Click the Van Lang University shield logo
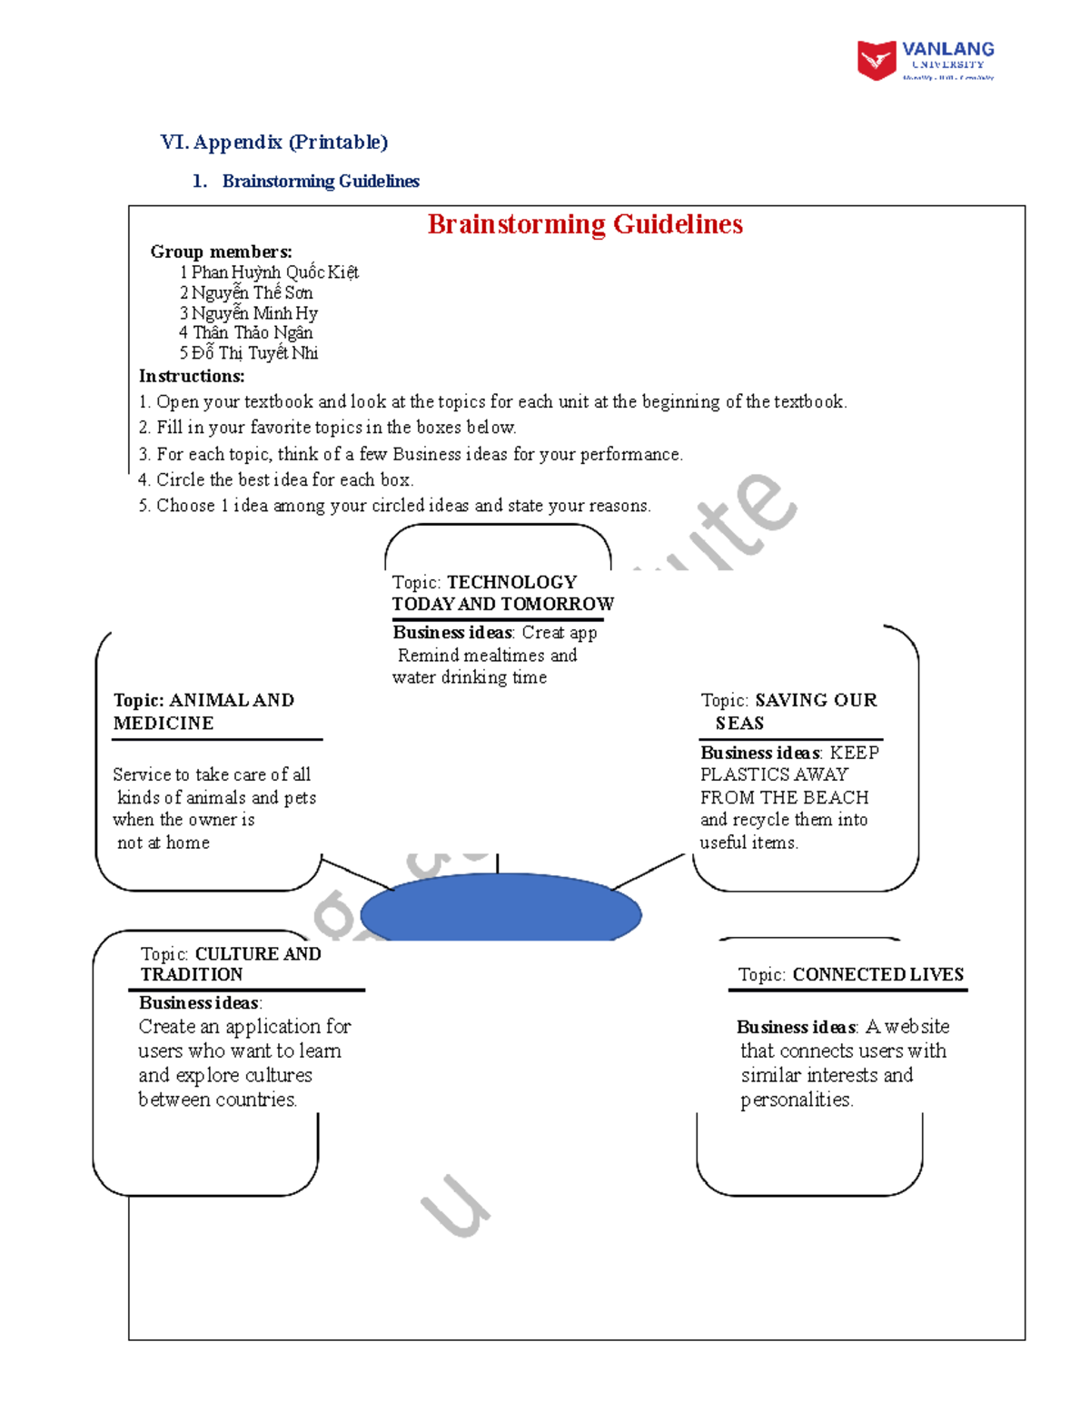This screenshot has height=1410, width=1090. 877,61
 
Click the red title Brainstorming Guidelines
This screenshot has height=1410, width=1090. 585,224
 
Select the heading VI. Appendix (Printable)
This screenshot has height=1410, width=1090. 273,142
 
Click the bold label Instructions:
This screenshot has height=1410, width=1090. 192,376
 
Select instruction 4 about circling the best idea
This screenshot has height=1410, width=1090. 276,479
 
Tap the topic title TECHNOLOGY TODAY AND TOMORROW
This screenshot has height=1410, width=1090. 502,593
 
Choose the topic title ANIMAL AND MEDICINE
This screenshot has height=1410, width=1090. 203,712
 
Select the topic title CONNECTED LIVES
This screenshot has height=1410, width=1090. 877,975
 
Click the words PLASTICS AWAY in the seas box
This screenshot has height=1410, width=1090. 774,774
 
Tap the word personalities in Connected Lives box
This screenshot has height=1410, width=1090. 797,1099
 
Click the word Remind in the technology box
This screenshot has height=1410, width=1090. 428,656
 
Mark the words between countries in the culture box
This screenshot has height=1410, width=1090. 217,1099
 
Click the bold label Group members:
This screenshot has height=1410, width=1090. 221,251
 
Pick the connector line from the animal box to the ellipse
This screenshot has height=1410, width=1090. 357,873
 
